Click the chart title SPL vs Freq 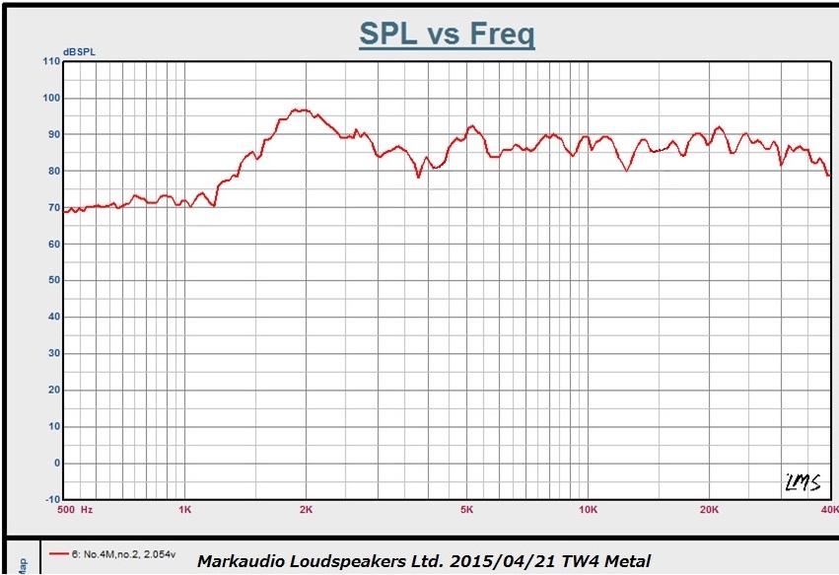pyautogui.click(x=447, y=34)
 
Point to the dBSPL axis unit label pyautogui.click(x=79, y=51)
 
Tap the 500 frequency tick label pyautogui.click(x=66, y=510)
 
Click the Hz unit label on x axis pyautogui.click(x=87, y=510)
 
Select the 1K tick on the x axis pyautogui.click(x=184, y=510)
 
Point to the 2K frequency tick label pyautogui.click(x=306, y=510)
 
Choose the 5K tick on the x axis pyautogui.click(x=466, y=510)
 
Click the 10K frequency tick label pyautogui.click(x=588, y=510)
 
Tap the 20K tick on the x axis pyautogui.click(x=709, y=510)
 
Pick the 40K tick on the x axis pyautogui.click(x=829, y=510)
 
